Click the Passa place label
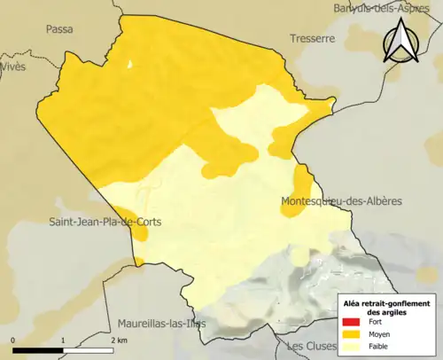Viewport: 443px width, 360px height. click(x=59, y=28)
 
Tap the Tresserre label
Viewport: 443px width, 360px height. click(x=312, y=39)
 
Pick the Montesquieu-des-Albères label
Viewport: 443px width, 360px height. click(x=340, y=201)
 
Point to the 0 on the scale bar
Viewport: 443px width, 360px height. click(x=13, y=340)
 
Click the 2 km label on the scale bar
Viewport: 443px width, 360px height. click(x=119, y=340)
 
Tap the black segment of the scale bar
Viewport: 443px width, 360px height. click(x=37, y=350)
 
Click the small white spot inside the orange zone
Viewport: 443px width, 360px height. click(x=129, y=64)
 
